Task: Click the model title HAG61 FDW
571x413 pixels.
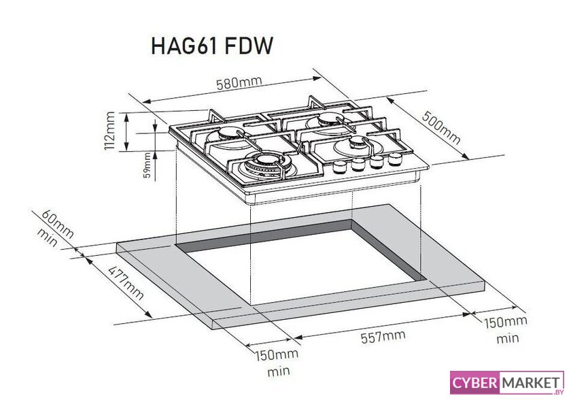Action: [211, 46]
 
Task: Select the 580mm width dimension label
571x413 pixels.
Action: [239, 83]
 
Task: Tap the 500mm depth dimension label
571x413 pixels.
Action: [441, 127]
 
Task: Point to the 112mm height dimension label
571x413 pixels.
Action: [109, 131]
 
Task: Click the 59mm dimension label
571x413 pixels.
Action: [147, 165]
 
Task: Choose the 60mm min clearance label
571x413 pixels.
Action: [55, 229]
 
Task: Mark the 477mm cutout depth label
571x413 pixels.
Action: [126, 283]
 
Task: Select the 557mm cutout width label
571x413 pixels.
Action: [383, 336]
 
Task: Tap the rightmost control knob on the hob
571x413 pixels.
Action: [394, 159]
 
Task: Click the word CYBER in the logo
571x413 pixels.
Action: [475, 383]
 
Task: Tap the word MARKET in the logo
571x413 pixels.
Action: [531, 383]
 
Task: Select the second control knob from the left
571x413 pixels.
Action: [358, 165]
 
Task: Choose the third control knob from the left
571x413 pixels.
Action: [377, 161]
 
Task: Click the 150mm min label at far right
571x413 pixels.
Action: [506, 330]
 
